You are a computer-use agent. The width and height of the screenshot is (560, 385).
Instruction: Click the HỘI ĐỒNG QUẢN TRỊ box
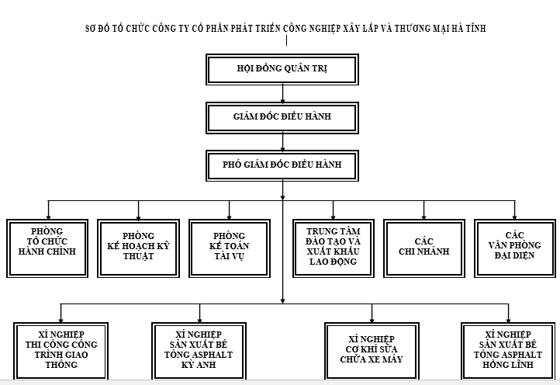pos(282,69)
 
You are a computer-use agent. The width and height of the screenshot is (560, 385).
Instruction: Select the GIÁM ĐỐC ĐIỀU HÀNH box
pos(282,118)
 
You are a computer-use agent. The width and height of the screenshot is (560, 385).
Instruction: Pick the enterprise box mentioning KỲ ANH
pos(199,349)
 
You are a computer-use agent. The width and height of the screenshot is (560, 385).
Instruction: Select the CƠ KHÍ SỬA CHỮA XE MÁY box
pos(372,349)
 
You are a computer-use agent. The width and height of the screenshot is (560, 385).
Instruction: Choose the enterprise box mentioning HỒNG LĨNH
pos(509,349)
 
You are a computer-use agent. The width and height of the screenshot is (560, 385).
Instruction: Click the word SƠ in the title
pos(90,29)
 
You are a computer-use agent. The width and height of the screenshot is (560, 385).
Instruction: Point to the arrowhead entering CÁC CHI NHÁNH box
pos(424,217)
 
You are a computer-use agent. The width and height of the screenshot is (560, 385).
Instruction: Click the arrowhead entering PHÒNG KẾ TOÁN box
pos(230,217)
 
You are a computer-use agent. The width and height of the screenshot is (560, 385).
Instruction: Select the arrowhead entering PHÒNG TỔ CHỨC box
pos(48,217)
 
